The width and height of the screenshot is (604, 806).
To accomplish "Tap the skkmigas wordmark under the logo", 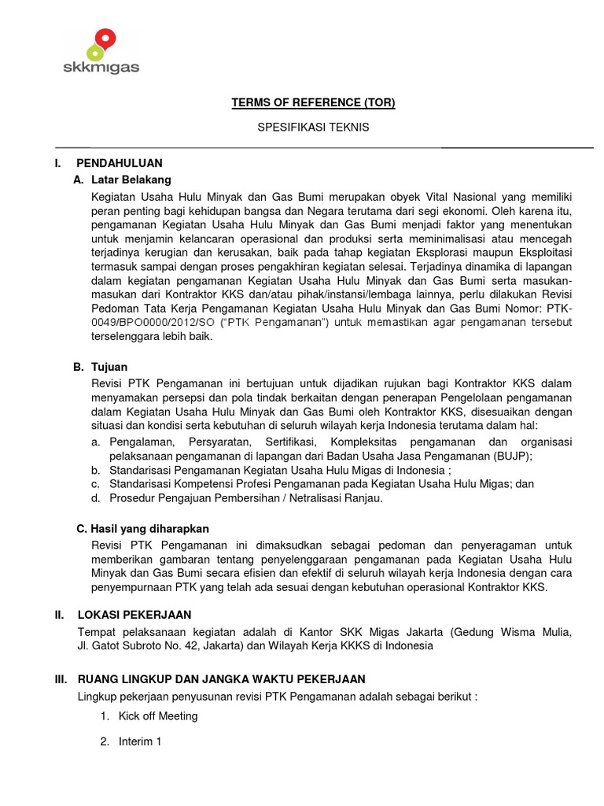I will coord(101,68).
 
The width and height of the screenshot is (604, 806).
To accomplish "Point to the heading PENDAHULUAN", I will coord(120,163).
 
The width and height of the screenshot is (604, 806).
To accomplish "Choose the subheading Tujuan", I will coord(109,367).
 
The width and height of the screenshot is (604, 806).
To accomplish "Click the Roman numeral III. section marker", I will coord(61,678).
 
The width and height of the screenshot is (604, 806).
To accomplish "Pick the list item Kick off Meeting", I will coord(158,716).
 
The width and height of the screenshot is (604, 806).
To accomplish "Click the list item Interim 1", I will coord(140,741).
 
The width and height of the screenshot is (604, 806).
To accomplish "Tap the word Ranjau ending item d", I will coord(364,499).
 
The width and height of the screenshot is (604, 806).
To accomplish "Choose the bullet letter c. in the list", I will coord(95,484).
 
